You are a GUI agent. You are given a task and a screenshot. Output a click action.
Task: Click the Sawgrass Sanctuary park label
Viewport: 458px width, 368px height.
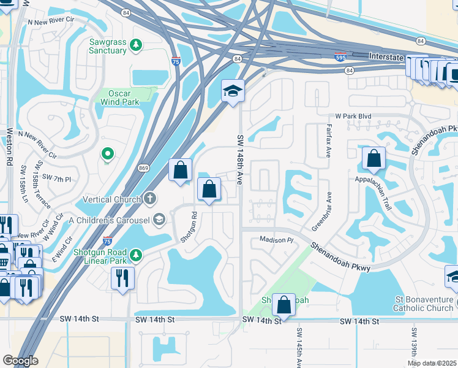(x=107, y=46)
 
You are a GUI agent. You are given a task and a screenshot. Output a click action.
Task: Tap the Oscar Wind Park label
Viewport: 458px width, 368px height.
(x=119, y=97)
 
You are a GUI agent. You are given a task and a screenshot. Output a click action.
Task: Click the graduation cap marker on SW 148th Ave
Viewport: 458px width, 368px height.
(x=233, y=92)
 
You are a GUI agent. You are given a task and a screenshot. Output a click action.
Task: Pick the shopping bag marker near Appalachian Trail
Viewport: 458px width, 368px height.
(x=374, y=159)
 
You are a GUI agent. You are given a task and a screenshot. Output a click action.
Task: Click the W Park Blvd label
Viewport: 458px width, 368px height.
(x=354, y=116)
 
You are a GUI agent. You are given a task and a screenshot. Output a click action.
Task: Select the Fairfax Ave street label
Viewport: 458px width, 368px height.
(x=328, y=141)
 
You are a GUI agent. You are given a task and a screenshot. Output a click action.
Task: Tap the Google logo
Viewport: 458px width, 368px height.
(x=20, y=360)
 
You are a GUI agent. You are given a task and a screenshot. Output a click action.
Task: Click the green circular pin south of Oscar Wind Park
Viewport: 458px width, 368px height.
(x=108, y=154)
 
